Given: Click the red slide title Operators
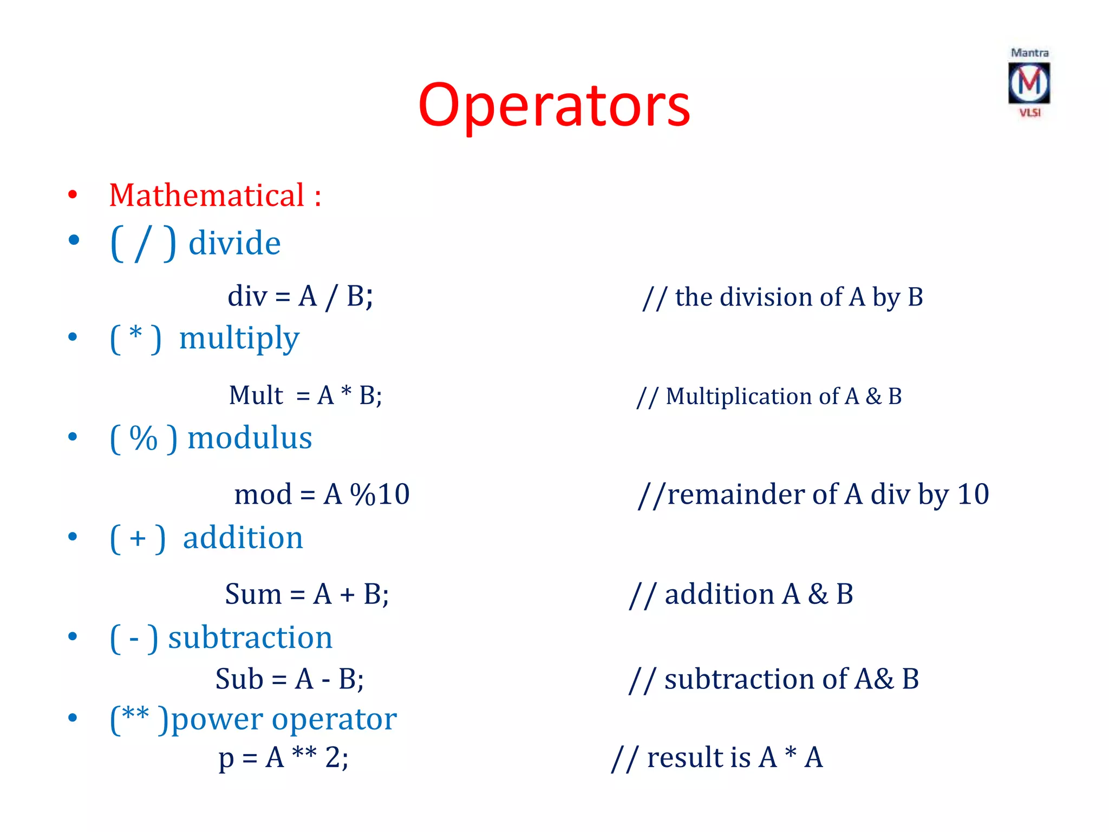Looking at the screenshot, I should tap(554, 106).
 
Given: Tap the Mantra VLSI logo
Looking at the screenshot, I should tap(1029, 83).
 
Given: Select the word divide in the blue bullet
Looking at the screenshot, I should tap(234, 243).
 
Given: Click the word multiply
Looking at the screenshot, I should tap(239, 339).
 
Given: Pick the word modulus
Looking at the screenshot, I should tap(250, 438).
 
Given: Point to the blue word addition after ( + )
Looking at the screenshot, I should tap(243, 538).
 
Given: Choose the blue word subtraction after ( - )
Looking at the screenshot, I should tap(250, 638).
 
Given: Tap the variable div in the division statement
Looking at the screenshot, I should tap(247, 297).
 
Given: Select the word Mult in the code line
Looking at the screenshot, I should tap(256, 395).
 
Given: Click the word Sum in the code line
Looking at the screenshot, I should tap(253, 594).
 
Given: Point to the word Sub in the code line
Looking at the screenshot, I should tap(239, 679).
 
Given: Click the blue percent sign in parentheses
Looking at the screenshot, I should tap(143, 438).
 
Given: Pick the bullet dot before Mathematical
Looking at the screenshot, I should tap(73, 195).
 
